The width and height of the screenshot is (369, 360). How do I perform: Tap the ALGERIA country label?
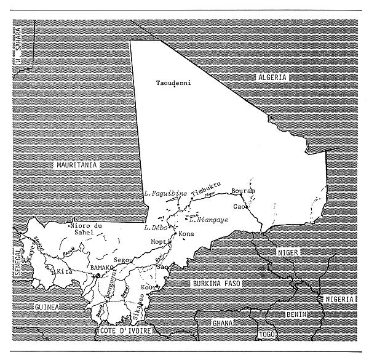click(x=271, y=76)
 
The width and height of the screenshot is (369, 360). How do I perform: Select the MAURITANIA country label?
click(x=77, y=164)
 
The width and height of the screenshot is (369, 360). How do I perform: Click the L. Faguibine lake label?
click(x=164, y=194)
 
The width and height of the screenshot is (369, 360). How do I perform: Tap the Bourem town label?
click(x=243, y=191)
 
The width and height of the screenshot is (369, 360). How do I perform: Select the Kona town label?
click(x=185, y=234)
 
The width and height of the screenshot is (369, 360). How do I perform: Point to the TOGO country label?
click(x=265, y=335)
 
